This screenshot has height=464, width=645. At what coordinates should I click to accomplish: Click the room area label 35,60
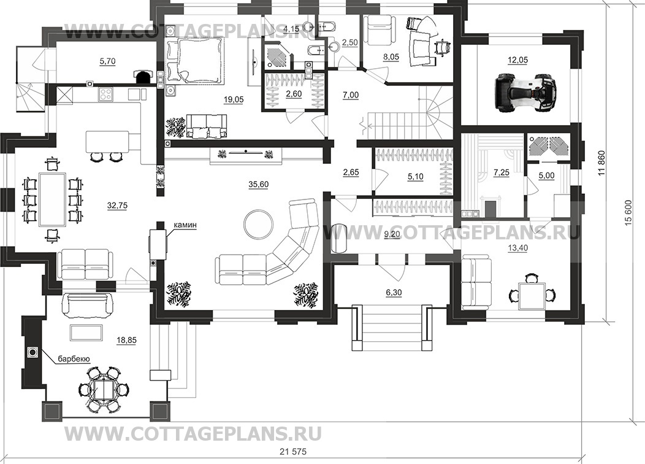(258, 185)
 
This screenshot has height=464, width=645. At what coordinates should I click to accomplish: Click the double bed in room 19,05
(196, 60)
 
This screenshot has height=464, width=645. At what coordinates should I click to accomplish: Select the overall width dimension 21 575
(293, 452)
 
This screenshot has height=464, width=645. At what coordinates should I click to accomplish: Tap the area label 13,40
(518, 247)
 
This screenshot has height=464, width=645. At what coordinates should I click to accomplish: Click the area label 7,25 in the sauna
(502, 172)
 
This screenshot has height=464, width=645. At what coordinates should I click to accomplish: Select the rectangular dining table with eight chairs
(52, 199)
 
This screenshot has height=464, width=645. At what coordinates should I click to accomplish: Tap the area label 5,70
(107, 61)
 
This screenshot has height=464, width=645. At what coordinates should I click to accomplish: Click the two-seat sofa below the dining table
(85, 265)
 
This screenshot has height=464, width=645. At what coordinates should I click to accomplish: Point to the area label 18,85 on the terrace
(126, 340)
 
